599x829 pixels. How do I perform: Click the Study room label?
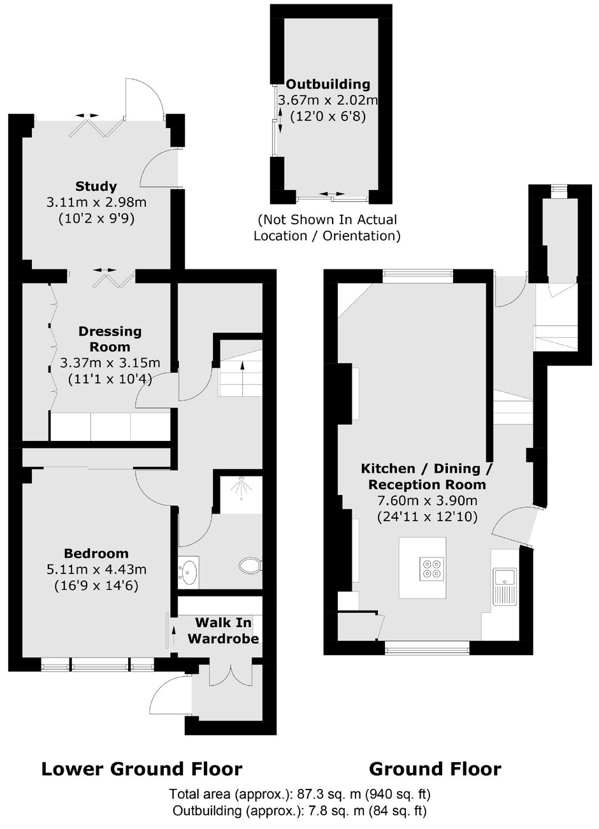[x=96, y=186]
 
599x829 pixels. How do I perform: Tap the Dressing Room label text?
[x=110, y=339]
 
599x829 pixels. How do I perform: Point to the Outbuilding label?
[x=328, y=84]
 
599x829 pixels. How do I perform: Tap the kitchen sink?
[x=505, y=587]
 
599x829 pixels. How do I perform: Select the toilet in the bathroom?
[x=250, y=566]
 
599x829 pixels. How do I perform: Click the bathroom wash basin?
[x=189, y=572]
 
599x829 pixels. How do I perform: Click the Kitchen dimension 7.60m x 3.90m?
[x=427, y=501]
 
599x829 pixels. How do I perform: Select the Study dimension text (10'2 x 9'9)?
[x=96, y=219]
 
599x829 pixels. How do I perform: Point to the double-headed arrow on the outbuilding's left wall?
[x=280, y=120]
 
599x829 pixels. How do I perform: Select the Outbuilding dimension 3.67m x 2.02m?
[x=328, y=100]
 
